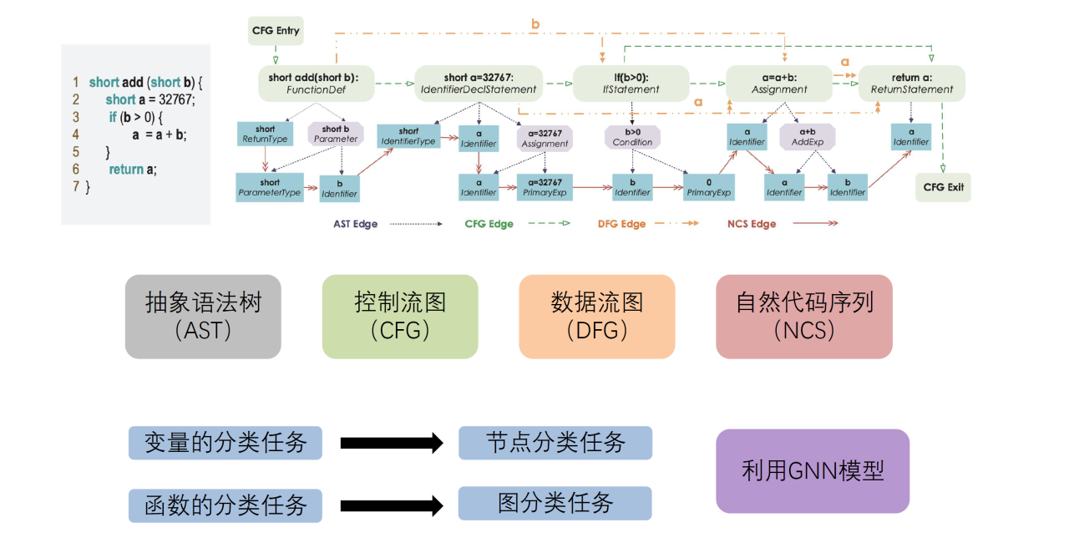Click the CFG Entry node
[x=275, y=31]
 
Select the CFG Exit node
[x=944, y=187]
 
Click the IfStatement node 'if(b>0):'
[x=631, y=84]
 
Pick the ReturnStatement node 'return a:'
[x=911, y=84]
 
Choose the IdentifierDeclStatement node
[x=479, y=84]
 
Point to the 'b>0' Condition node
[x=632, y=137]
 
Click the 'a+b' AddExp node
[x=808, y=137]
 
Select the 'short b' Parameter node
[x=336, y=134]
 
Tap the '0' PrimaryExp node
[x=709, y=187]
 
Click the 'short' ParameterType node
[x=270, y=187]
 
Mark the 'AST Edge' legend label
[x=355, y=224]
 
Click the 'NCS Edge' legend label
[x=752, y=224]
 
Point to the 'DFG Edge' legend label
[x=621, y=224]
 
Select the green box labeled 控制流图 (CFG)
[x=400, y=317]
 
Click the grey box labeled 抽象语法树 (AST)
[x=203, y=317]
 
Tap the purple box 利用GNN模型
[x=812, y=470]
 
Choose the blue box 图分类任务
[x=555, y=503]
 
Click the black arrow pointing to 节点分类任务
[x=391, y=443]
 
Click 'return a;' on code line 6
[x=132, y=170]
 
